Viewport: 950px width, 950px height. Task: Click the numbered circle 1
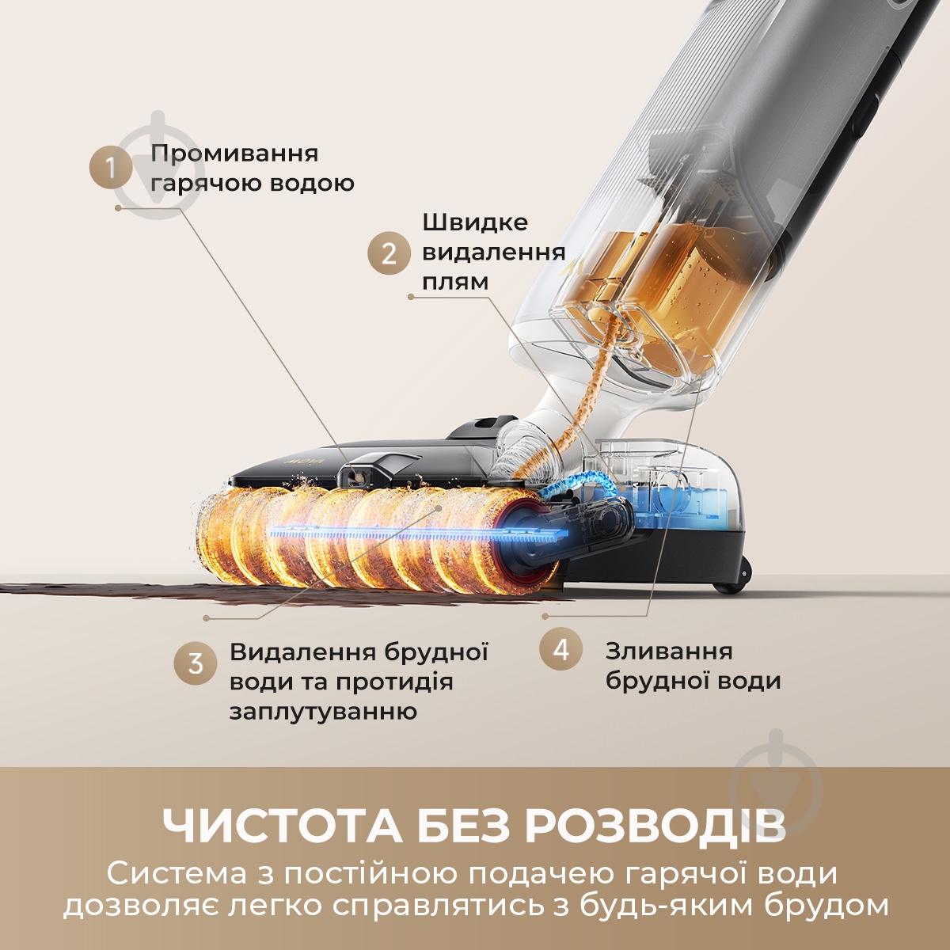click(110, 168)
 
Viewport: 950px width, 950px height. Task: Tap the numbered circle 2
click(389, 253)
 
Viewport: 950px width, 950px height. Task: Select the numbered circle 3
click(196, 663)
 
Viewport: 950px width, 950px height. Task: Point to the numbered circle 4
click(561, 650)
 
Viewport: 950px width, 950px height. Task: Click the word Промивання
click(234, 154)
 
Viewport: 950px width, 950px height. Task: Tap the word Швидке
click(475, 222)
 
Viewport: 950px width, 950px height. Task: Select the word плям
click(455, 282)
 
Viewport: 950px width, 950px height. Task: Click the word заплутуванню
click(323, 711)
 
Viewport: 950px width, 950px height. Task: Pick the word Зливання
click(669, 651)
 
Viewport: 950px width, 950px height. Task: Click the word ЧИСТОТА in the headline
click(280, 826)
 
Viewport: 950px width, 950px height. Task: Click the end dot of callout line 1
click(118, 208)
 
